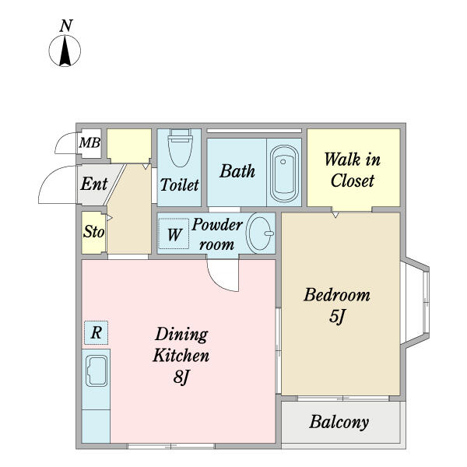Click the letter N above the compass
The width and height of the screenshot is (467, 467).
pyautogui.click(x=66, y=26)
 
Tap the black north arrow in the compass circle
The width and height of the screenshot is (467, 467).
pyautogui.click(x=65, y=51)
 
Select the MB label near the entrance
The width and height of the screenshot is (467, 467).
pyautogui.click(x=90, y=143)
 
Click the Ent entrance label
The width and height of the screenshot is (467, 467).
pyautogui.click(x=94, y=184)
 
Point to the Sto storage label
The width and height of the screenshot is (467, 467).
pyautogui.click(x=93, y=231)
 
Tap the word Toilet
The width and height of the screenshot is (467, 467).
pyautogui.click(x=180, y=184)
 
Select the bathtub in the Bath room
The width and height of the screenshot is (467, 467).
pyautogui.click(x=284, y=174)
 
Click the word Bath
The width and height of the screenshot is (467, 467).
pyautogui.click(x=237, y=171)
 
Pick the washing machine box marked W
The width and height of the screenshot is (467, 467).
pyautogui.click(x=174, y=233)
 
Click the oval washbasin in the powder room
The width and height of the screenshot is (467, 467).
pyautogui.click(x=260, y=233)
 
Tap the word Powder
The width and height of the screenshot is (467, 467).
pyautogui.click(x=217, y=225)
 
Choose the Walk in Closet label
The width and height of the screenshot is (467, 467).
pyautogui.click(x=353, y=170)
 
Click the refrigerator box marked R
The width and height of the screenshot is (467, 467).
pyautogui.click(x=97, y=332)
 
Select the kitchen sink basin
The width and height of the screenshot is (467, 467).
pyautogui.click(x=97, y=370)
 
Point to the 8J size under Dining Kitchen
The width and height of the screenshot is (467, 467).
pyautogui.click(x=181, y=377)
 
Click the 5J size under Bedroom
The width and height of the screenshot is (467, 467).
pyautogui.click(x=337, y=316)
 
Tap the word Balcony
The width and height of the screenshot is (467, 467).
pyautogui.click(x=339, y=422)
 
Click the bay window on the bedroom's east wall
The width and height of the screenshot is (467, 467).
pyautogui.click(x=415, y=303)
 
